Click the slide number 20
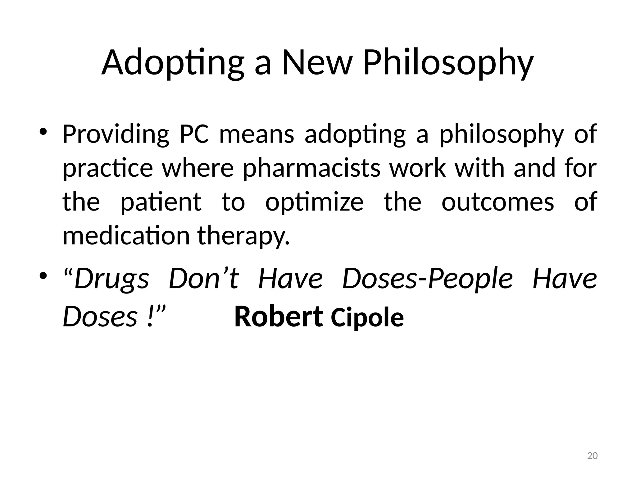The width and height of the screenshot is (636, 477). click(x=593, y=456)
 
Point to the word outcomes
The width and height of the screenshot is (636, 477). click(x=498, y=202)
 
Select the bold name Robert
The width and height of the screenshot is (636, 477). click(x=279, y=317)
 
